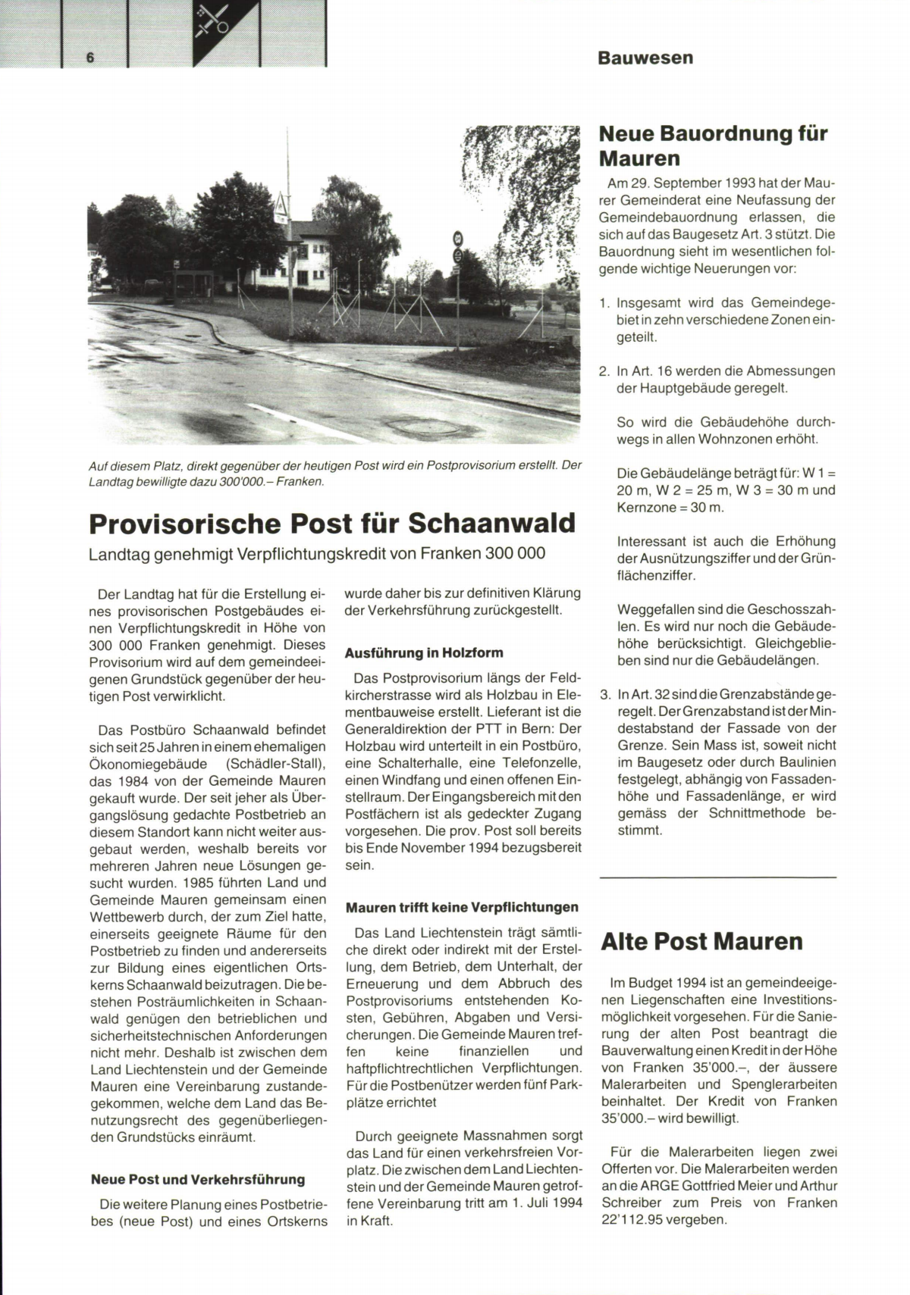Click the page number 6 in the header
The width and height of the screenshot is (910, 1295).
(90, 58)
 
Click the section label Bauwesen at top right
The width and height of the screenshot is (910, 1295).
(645, 58)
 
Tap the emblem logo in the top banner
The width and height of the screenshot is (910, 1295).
(214, 23)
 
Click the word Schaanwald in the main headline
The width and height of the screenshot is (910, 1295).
(492, 524)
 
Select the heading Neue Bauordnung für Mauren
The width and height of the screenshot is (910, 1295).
(713, 145)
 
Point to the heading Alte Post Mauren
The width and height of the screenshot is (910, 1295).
(701, 941)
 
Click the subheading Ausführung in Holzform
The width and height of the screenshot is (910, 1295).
(424, 652)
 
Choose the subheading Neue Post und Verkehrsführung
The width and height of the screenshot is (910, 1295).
(198, 1179)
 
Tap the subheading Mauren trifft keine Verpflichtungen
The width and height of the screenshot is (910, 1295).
(462, 907)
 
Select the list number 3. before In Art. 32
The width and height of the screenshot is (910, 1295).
(604, 695)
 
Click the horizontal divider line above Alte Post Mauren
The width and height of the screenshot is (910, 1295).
(717, 877)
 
